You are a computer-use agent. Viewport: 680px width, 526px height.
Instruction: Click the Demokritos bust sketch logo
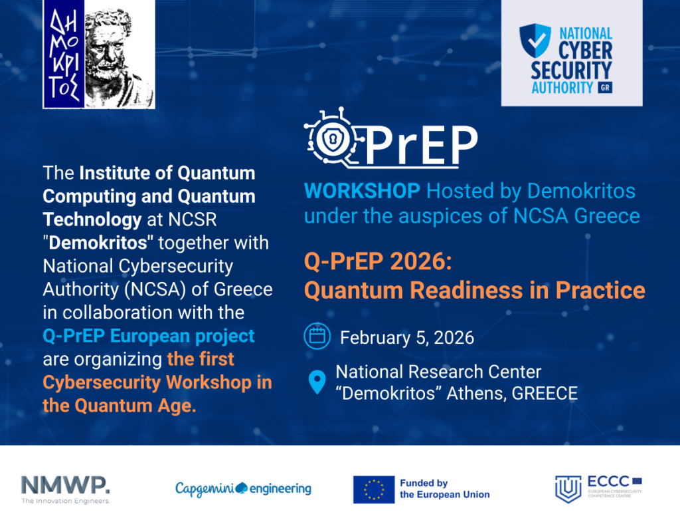coord(99,54)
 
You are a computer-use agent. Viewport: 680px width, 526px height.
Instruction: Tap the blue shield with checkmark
coord(535,41)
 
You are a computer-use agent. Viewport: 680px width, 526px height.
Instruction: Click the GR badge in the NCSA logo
coord(605,87)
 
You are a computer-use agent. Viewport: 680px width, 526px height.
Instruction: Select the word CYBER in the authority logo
coord(585,51)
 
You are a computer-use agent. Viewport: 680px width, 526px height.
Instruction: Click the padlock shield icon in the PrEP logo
coord(333,140)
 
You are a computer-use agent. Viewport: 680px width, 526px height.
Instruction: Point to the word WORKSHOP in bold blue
coord(362,191)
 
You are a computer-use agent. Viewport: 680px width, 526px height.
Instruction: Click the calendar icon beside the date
coord(317,336)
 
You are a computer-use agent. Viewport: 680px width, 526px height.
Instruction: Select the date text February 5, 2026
coord(407,338)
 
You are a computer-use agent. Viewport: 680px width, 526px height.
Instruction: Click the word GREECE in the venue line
coord(545,394)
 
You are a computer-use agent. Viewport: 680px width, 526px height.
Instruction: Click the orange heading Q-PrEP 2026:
coord(378,261)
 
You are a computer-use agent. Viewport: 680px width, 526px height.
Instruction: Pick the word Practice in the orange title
coord(600,290)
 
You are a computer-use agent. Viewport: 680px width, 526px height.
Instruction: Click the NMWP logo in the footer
coord(66,489)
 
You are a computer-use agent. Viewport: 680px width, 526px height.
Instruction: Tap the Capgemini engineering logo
coord(243,489)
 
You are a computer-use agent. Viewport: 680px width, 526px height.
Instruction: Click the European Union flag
coord(374,489)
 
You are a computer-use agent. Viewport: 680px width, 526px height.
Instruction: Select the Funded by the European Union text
coord(444,489)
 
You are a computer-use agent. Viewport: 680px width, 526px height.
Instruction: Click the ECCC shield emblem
coord(568,489)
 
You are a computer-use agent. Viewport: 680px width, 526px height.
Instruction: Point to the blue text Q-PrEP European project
coord(149,336)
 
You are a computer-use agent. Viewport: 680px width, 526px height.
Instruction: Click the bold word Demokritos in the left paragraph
coord(98,243)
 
